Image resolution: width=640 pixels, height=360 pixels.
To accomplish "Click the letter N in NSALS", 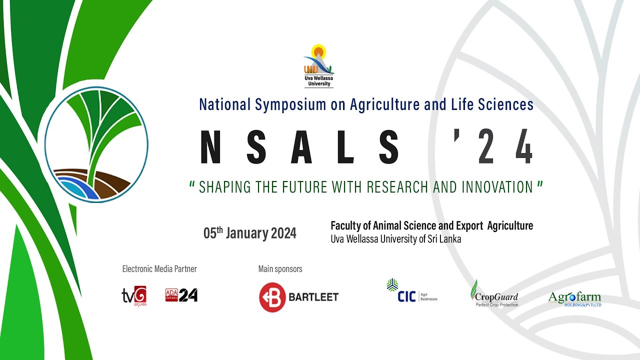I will [x=210, y=147].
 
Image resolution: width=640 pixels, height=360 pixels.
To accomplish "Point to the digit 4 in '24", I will [x=523, y=147].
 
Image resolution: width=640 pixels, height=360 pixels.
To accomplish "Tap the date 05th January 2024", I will [x=249, y=233].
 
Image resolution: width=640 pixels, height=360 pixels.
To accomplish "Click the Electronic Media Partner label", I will [x=159, y=269].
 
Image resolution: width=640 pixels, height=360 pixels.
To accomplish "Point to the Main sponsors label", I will [x=280, y=269].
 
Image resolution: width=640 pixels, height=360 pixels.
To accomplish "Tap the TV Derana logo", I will [x=134, y=295].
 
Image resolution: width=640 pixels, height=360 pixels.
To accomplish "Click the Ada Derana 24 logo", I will [x=181, y=295].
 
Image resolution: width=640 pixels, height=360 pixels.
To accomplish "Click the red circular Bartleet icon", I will [x=272, y=297].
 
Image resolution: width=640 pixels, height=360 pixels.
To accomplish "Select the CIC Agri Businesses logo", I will [x=411, y=291].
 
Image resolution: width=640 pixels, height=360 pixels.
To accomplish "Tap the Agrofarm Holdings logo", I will [x=574, y=298].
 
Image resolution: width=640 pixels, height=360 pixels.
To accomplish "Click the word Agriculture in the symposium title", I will [x=380, y=104].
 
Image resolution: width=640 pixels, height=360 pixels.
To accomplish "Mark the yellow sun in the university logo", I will [x=318, y=51].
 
